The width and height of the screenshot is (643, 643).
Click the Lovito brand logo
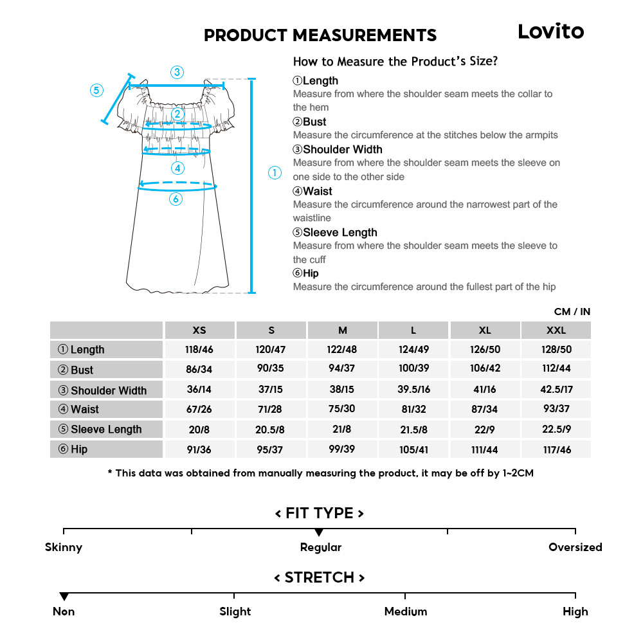coord(551,32)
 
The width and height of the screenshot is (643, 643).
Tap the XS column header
coord(199,330)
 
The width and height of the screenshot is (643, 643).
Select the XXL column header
coord(556,330)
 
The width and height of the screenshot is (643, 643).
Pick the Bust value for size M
coord(342,369)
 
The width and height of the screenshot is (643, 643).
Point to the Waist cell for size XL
coord(485,409)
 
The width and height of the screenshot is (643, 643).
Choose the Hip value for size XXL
coord(557,449)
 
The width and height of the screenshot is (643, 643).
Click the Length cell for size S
coord(271,349)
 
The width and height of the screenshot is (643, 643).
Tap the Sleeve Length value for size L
coord(413,429)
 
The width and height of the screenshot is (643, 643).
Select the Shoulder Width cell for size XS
coord(199,390)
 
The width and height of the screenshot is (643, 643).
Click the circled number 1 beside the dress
coord(275,172)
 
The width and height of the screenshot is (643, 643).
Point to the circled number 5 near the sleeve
coord(96,90)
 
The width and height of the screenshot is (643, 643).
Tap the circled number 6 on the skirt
coord(176,199)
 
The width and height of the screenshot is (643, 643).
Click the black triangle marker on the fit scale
coord(319,532)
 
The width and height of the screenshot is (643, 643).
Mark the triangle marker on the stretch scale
coord(64,597)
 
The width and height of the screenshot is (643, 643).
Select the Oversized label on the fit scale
coord(575,547)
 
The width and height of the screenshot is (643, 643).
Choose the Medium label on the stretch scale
coord(405,611)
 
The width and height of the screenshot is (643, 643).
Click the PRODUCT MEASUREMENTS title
coord(320,35)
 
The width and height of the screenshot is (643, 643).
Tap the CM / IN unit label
coord(572,312)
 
